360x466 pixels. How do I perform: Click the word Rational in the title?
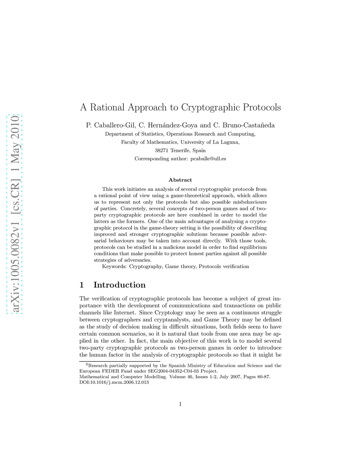click(x=107, y=107)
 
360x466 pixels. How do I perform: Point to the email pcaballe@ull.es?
click(x=208, y=159)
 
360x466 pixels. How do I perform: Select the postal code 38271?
click(x=162, y=151)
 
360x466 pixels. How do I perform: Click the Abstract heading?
click(x=180, y=180)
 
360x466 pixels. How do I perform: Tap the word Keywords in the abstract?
click(x=114, y=267)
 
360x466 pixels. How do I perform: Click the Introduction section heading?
click(x=119, y=285)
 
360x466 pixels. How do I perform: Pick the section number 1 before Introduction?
click(x=82, y=285)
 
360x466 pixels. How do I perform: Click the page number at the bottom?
click(x=180, y=404)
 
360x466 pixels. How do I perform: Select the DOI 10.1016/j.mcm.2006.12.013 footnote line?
click(x=114, y=382)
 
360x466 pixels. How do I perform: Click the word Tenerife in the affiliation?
click(x=181, y=151)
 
